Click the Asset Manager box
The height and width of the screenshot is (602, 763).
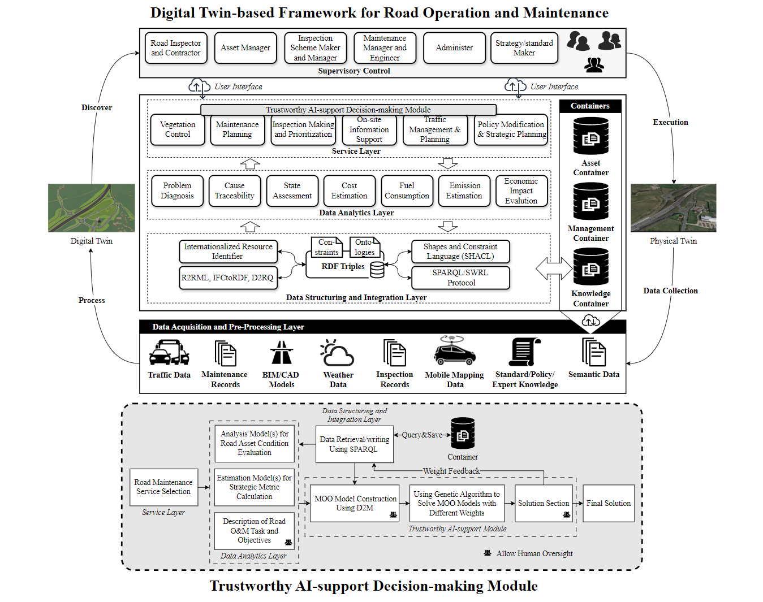[x=245, y=48]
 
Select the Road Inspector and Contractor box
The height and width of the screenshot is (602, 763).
[x=176, y=48]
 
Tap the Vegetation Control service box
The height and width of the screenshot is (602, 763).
[x=178, y=129]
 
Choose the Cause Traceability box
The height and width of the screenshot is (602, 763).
[x=234, y=190]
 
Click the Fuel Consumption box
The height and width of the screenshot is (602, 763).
[x=407, y=190]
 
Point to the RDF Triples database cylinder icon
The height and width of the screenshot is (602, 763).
[x=377, y=270]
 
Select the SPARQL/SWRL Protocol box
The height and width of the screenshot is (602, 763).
[x=460, y=278]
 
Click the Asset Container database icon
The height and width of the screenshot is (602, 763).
[x=590, y=136]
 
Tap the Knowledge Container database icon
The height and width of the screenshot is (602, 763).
[x=590, y=267]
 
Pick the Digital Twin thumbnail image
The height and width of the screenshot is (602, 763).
[x=92, y=207]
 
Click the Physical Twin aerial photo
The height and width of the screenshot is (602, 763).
[x=673, y=207]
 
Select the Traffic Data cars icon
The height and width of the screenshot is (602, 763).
[x=169, y=353]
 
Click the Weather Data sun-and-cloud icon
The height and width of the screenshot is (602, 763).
[x=337, y=353]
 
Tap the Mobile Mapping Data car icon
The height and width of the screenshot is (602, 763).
[x=455, y=352]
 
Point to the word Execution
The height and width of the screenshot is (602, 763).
[x=670, y=122]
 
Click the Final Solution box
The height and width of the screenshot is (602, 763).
[x=609, y=503]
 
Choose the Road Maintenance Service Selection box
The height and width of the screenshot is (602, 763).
[x=163, y=487]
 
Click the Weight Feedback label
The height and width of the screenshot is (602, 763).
[x=451, y=471]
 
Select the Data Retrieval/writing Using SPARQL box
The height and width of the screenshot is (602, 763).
[x=354, y=444]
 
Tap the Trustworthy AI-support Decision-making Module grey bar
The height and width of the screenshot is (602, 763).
[x=348, y=110]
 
